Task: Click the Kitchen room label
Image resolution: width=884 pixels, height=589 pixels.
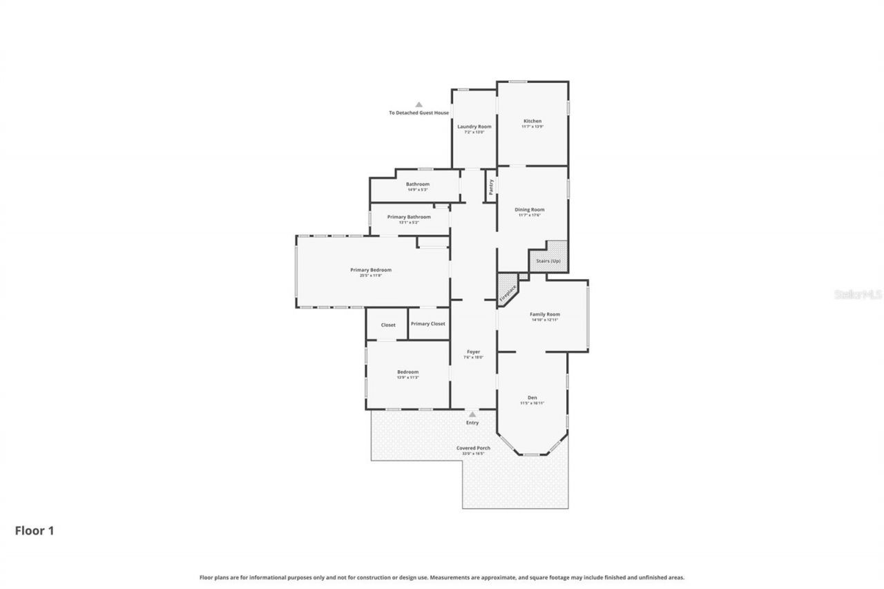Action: (x=532, y=121)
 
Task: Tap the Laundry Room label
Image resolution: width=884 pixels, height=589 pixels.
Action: (x=474, y=126)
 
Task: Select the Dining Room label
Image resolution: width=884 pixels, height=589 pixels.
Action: (x=530, y=209)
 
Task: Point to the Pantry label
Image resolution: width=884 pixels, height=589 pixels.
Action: (x=491, y=187)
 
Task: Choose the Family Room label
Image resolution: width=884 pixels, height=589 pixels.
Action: (x=545, y=314)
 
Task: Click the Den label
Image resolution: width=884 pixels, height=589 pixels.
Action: (x=532, y=397)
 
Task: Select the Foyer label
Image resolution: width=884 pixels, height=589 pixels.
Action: (x=473, y=351)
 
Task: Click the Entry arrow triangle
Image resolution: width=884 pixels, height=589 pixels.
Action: (x=472, y=414)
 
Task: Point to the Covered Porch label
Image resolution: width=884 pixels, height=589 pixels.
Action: (x=473, y=447)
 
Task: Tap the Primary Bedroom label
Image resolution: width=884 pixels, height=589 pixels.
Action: (x=371, y=269)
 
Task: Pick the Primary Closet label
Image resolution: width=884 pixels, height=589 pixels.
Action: (x=428, y=323)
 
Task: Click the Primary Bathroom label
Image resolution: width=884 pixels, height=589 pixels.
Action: (x=409, y=217)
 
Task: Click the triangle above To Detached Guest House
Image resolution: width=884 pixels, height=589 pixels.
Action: (x=419, y=104)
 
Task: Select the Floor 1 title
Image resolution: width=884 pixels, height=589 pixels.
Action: (x=35, y=530)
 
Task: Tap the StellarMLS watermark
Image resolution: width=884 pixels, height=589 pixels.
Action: (x=858, y=294)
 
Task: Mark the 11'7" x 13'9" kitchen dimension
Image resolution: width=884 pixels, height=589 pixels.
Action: (x=532, y=126)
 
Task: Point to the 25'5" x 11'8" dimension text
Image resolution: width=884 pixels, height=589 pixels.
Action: (x=371, y=276)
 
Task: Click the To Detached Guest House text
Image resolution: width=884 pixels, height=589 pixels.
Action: (x=419, y=113)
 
